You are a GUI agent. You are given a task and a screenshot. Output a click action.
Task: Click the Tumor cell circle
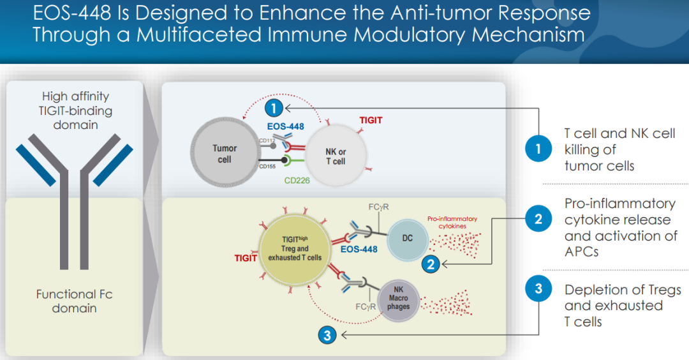click(x=223, y=153)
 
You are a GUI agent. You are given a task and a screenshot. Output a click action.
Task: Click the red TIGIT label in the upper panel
click(x=371, y=120)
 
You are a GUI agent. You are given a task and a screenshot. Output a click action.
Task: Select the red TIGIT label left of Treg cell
click(x=245, y=258)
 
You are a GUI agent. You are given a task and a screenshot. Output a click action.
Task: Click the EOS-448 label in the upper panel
click(x=285, y=126)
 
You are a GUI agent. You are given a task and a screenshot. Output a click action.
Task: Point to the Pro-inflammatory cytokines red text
click(x=452, y=222)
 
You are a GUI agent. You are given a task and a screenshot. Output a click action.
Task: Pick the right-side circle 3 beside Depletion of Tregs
click(x=538, y=289)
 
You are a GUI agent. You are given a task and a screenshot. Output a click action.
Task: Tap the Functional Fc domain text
click(x=75, y=301)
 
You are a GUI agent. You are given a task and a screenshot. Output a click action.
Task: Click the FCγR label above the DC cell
click(x=379, y=207)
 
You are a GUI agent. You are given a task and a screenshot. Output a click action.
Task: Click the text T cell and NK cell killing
click(x=619, y=133)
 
